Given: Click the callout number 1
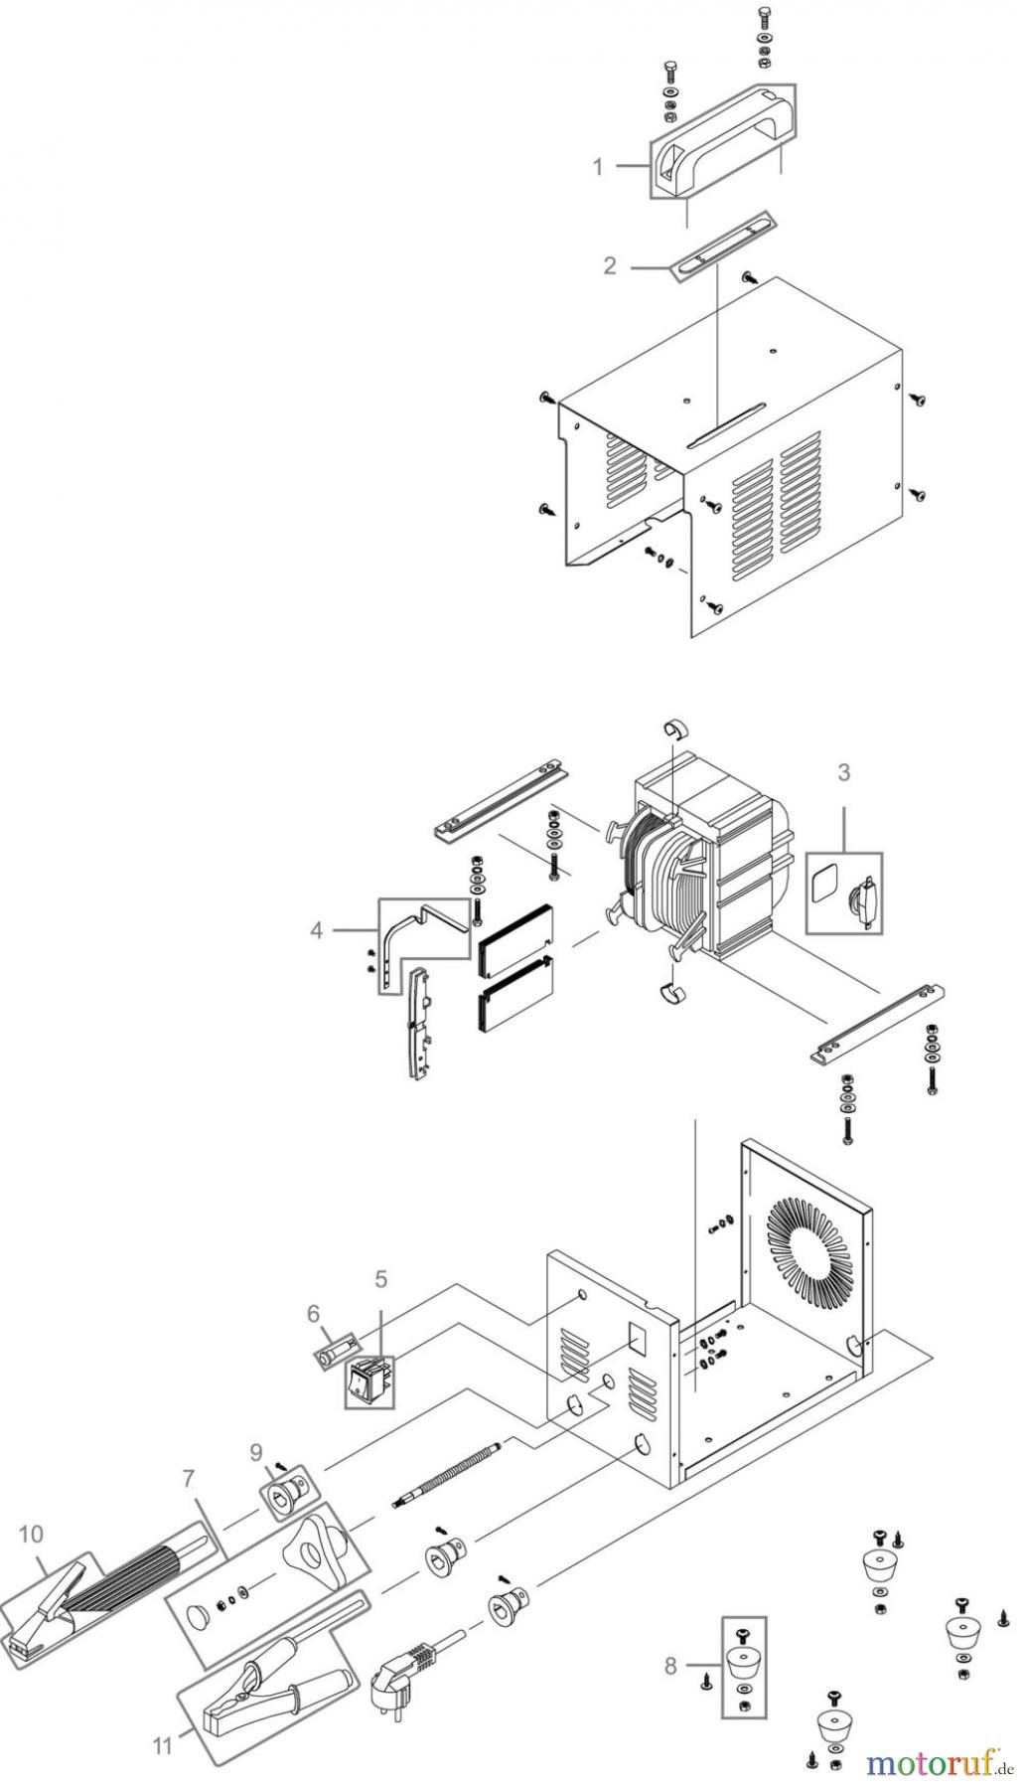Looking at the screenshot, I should point(598,167).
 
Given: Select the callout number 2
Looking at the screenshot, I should point(610,265).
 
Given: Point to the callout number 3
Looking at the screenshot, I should point(843,771).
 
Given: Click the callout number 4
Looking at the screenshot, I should point(317,930).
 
